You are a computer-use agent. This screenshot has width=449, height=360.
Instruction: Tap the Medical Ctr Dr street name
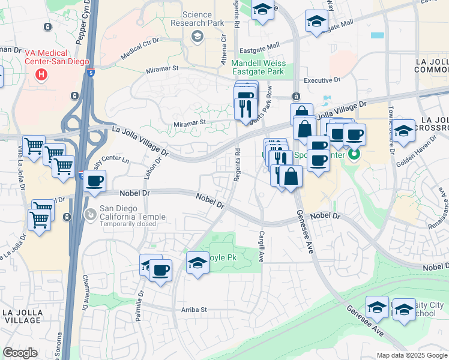(x=139, y=49)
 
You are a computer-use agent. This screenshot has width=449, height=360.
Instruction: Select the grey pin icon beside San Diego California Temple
(x=89, y=214)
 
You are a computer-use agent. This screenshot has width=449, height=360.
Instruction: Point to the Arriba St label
(x=194, y=310)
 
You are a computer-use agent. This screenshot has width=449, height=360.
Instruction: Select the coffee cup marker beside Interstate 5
(x=95, y=181)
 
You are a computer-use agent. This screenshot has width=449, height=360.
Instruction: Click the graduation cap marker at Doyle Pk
(x=197, y=263)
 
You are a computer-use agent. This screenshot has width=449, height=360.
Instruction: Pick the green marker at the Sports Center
(x=354, y=155)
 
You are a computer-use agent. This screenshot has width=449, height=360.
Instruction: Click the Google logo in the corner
(x=20, y=353)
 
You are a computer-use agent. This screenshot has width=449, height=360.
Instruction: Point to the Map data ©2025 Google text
(x=411, y=355)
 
